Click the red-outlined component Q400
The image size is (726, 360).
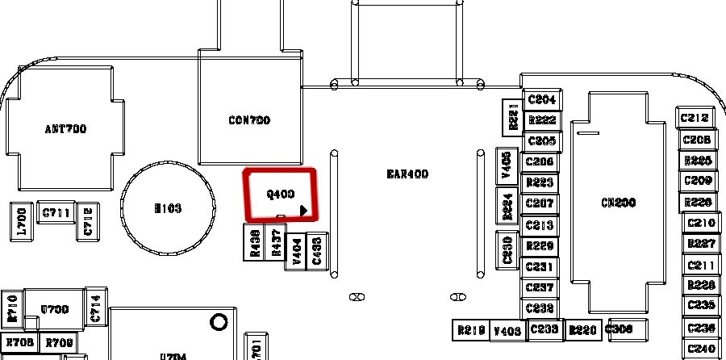click(x=280, y=194)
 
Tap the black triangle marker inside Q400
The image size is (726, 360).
click(x=304, y=211)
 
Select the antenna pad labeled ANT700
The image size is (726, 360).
click(x=65, y=128)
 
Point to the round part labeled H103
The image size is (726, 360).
click(x=167, y=208)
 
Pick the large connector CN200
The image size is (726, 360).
click(x=619, y=203)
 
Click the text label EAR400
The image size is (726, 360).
click(x=407, y=174)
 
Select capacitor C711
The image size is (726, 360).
click(x=56, y=213)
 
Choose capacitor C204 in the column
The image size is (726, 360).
click(x=541, y=99)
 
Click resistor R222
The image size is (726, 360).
click(x=541, y=120)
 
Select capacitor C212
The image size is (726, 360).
click(x=695, y=118)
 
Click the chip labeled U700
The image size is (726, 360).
click(x=55, y=309)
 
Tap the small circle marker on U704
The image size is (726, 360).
click(x=218, y=324)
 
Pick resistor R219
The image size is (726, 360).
click(x=470, y=330)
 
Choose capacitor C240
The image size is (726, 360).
click(x=702, y=350)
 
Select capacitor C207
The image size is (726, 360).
click(x=540, y=204)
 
